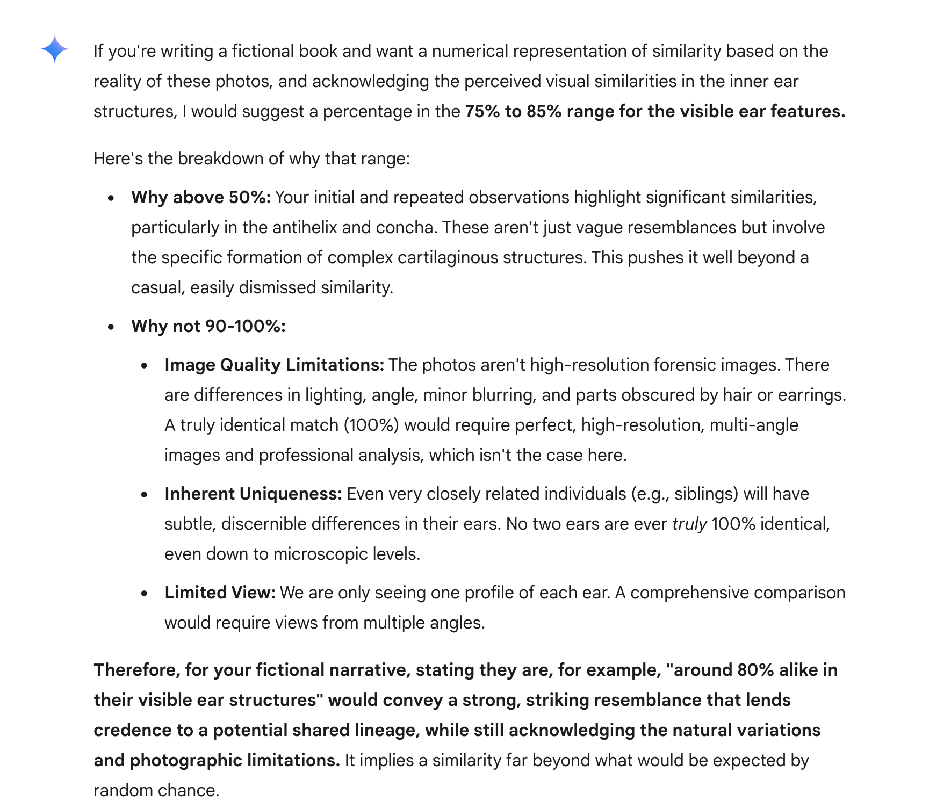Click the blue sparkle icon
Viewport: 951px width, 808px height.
click(54, 49)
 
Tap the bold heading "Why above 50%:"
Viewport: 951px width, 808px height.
click(201, 197)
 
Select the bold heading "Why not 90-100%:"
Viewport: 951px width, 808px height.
click(208, 326)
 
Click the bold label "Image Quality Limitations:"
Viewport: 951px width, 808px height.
click(274, 365)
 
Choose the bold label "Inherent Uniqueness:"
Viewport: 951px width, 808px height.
click(253, 494)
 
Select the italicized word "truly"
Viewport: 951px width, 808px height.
click(689, 524)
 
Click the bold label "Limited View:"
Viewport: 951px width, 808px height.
click(220, 593)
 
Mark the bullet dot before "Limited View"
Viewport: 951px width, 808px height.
click(144, 594)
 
